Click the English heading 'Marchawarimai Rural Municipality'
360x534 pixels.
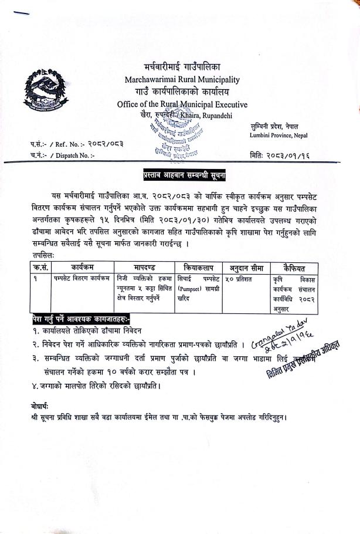tap(182, 79)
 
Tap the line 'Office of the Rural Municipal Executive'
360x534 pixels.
tap(182, 104)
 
